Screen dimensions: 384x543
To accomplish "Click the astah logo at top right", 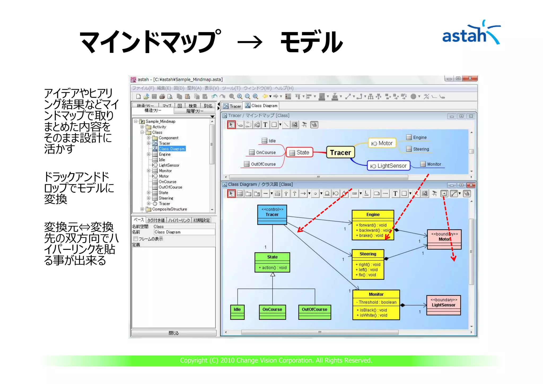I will click(x=471, y=33).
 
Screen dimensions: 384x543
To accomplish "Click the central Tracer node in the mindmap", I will click(x=340, y=152).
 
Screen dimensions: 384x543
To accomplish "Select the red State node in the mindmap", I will click(x=300, y=152).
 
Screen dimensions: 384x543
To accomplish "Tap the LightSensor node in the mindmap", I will click(x=388, y=166).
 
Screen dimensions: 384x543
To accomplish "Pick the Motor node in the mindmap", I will click(x=382, y=143).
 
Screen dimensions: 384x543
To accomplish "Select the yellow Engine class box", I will click(x=373, y=225).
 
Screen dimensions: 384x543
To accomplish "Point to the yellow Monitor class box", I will click(x=376, y=305).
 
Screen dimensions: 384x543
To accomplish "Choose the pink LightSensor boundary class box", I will click(x=443, y=305).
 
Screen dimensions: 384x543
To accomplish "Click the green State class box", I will click(x=272, y=262).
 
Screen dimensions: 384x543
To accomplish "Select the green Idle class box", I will click(x=237, y=312).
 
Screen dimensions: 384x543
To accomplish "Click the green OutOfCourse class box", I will click(x=314, y=312).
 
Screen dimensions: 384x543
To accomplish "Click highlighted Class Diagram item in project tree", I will click(x=172, y=149).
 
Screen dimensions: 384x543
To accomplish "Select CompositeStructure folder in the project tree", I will click(x=169, y=209).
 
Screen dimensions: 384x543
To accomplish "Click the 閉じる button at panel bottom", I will click(x=174, y=333).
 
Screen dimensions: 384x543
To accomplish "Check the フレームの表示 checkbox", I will click(x=136, y=239).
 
